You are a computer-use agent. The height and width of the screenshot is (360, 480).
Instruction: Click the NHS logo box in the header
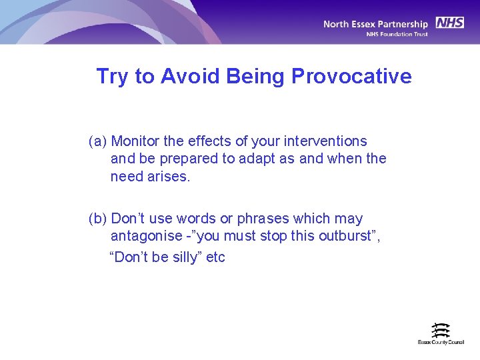pos(450,23)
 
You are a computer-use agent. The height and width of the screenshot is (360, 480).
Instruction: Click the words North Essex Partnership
pos(376,24)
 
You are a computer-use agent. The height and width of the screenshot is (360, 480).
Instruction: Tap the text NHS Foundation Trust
pos(397,35)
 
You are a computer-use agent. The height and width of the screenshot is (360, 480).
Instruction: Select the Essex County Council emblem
pos(441,330)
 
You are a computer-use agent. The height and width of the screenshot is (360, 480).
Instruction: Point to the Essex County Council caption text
pos(441,343)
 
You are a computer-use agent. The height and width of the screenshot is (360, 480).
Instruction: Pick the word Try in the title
pos(112,77)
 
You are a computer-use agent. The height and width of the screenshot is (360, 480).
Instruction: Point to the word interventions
pos(327,141)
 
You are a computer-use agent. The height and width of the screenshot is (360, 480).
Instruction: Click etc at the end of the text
pos(216,257)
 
